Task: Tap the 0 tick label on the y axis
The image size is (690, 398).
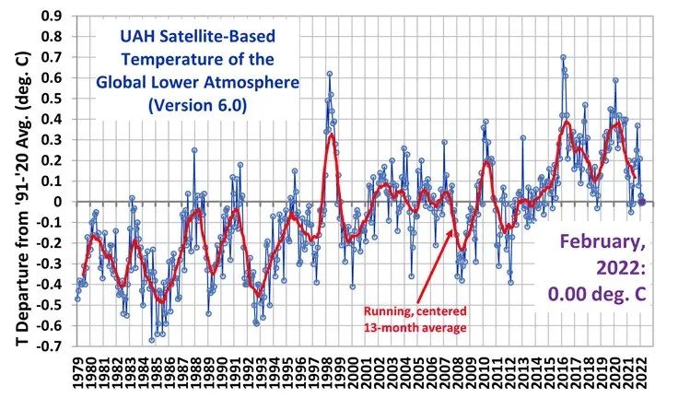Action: pyautogui.click(x=60, y=202)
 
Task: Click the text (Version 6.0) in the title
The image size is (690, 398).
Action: pyautogui.click(x=198, y=105)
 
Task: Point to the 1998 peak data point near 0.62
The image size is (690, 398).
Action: pyautogui.click(x=329, y=74)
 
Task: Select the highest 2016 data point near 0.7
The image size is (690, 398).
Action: pyautogui.click(x=563, y=57)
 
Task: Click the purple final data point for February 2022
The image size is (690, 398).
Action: pyautogui.click(x=642, y=202)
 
